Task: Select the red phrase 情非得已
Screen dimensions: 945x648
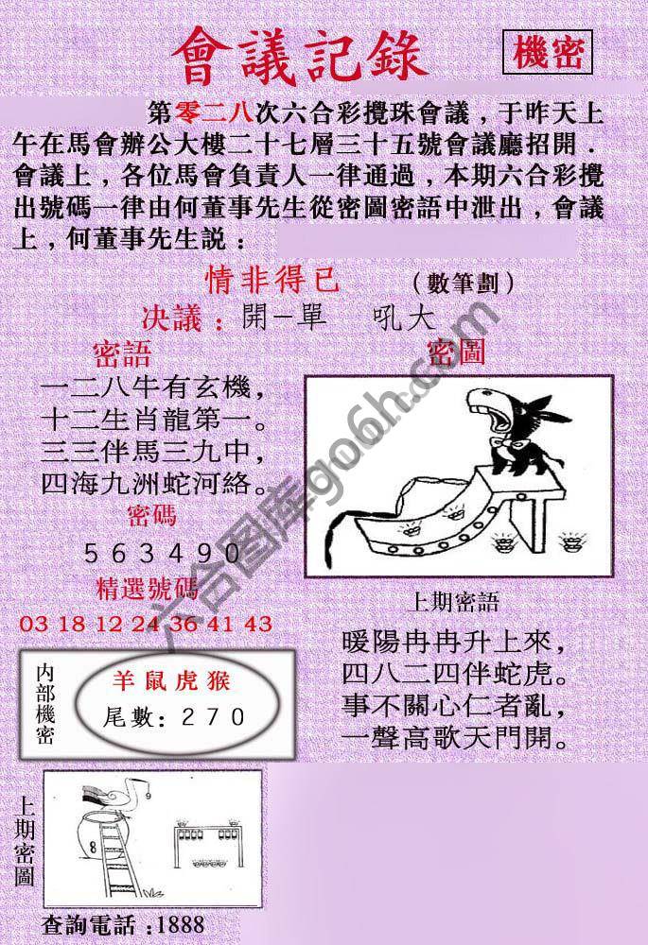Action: (271, 280)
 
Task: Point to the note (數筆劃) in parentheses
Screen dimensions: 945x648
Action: (464, 282)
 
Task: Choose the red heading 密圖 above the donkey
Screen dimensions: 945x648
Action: (456, 353)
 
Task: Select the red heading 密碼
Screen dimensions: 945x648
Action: (149, 516)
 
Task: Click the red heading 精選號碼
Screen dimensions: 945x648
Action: (148, 591)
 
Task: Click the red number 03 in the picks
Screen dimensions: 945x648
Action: (31, 624)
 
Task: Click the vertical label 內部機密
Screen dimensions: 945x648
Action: (44, 703)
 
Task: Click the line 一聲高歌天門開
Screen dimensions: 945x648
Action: (454, 735)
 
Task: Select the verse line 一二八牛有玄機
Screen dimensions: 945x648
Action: (149, 387)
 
